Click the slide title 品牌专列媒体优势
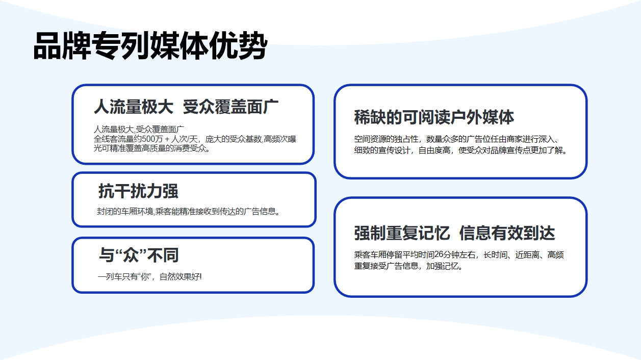coord(150,46)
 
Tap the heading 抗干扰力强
coord(138,191)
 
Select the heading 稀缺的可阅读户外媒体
coord(434,117)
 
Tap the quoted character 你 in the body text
coord(145,277)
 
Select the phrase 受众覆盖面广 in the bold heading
coord(230,107)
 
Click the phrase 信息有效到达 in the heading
coord(507,233)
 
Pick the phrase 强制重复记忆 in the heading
coord(402,233)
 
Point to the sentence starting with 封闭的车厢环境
coord(188,212)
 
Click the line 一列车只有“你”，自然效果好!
coord(149,277)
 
